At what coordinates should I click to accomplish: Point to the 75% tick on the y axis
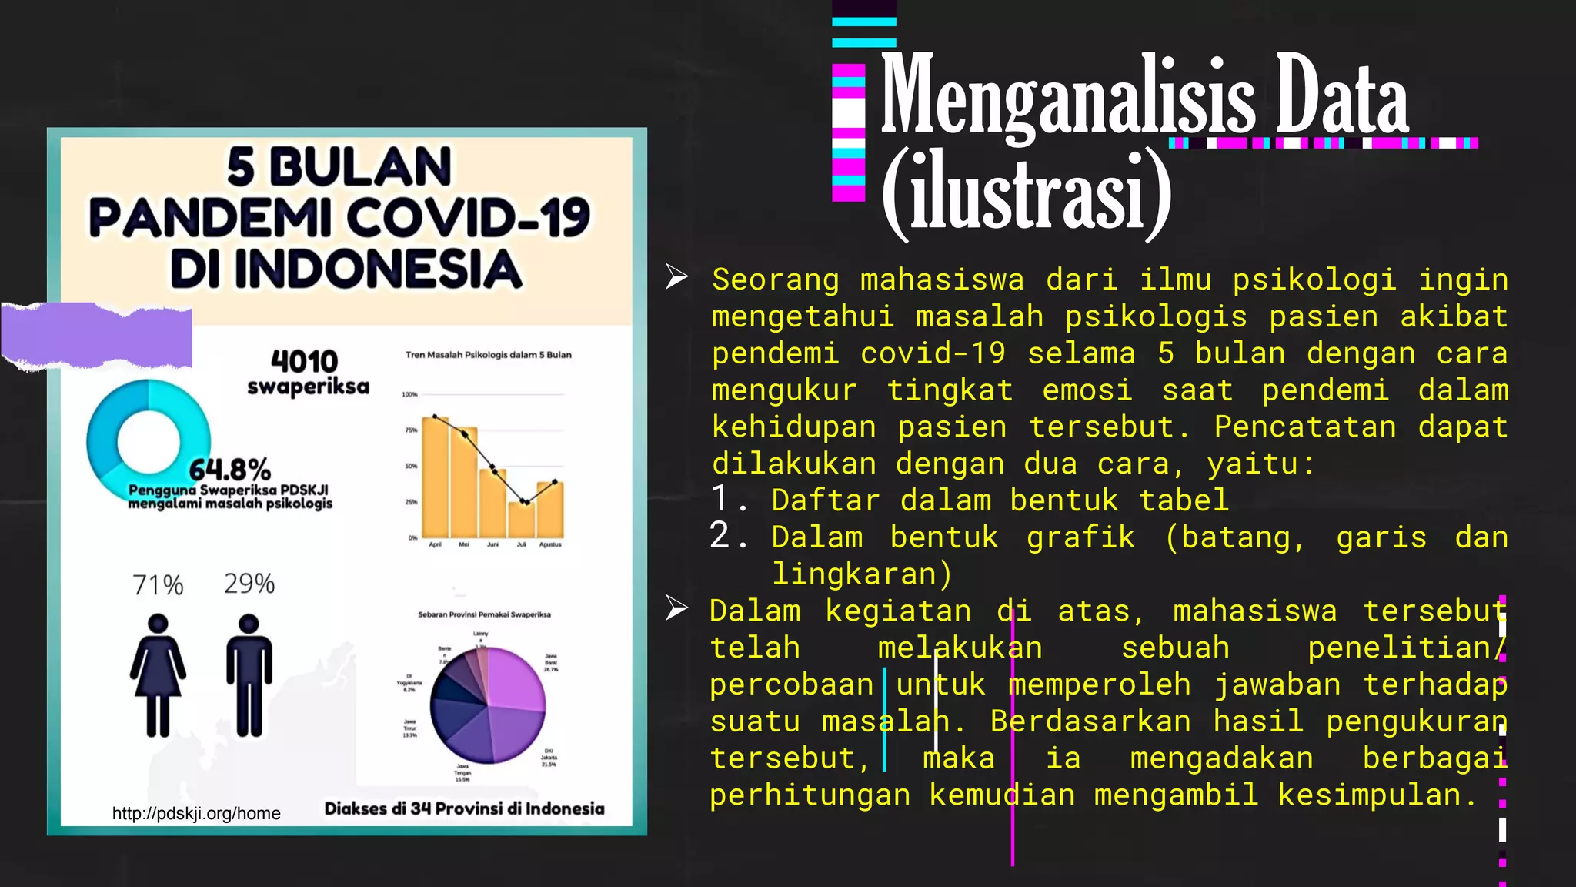point(411,430)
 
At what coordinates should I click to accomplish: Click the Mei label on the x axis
point(464,544)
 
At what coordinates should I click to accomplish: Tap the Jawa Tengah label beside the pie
point(462,773)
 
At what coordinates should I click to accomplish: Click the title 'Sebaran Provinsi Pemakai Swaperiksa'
point(484,614)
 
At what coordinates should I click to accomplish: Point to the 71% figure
point(158,585)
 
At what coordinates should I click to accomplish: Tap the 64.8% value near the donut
point(230,469)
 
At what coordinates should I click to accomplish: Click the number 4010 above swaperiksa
point(305,361)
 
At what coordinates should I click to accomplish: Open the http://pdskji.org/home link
point(196,813)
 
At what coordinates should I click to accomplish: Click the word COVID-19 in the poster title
point(468,218)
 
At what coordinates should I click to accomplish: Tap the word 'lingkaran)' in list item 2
point(862,574)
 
